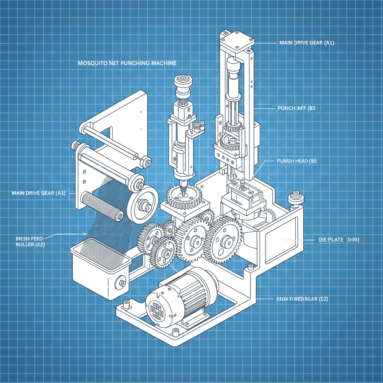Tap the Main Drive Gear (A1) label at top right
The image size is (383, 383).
pos(306,43)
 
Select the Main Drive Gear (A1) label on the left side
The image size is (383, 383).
pos(39,193)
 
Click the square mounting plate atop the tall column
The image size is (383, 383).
pos(236,40)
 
